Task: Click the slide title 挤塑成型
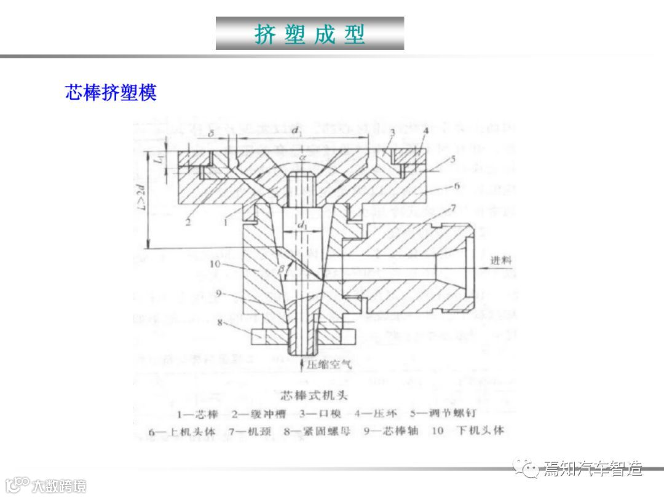pyautogui.click(x=310, y=34)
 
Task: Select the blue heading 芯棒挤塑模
pyautogui.click(x=111, y=92)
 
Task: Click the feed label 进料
pyautogui.click(x=500, y=260)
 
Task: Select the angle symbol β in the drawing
pyautogui.click(x=282, y=269)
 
